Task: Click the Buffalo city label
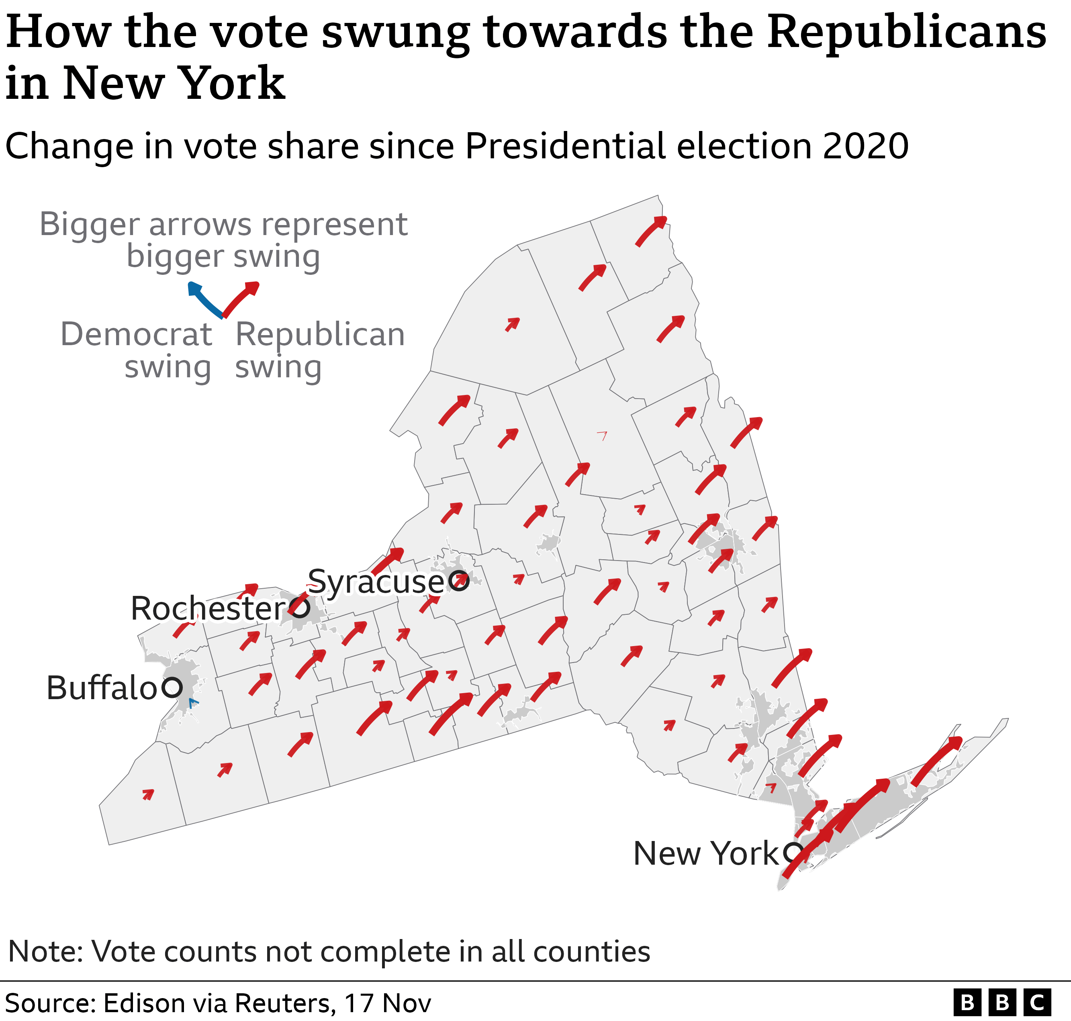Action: pos(102,688)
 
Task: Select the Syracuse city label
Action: pos(376,582)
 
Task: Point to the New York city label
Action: pos(706,853)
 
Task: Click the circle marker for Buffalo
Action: pos(172,688)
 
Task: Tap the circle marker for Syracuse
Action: pos(459,581)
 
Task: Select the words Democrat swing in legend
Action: pos(136,350)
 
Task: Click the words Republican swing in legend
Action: pos(320,350)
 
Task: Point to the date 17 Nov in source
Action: pos(388,1003)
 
